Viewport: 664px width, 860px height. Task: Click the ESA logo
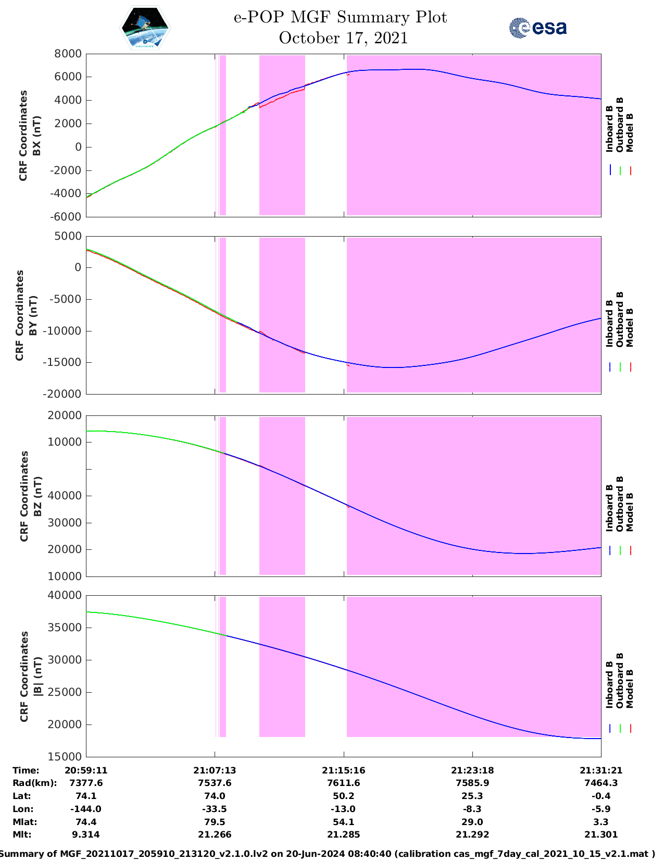pyautogui.click(x=537, y=28)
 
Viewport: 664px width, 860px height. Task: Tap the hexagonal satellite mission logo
pyautogui.click(x=145, y=28)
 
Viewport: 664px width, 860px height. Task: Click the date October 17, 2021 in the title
pyautogui.click(x=343, y=38)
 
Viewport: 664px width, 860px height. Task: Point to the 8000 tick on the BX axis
pyautogui.click(x=68, y=54)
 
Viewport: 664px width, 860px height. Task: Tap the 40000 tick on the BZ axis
pyautogui.click(x=68, y=496)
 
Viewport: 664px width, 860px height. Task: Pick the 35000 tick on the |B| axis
pyautogui.click(x=68, y=628)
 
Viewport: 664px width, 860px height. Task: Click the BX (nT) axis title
pyautogui.click(x=36, y=136)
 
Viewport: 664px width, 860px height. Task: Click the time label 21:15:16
pyautogui.click(x=343, y=770)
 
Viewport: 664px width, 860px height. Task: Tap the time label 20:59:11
pyautogui.click(x=86, y=770)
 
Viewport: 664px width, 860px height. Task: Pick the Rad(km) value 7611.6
pyautogui.click(x=343, y=783)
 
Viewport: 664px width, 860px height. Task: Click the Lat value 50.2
pyautogui.click(x=343, y=796)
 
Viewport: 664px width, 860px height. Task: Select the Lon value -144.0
pyautogui.click(x=86, y=809)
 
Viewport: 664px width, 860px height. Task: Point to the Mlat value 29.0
pyautogui.click(x=472, y=822)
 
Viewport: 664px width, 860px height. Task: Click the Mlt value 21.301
pyautogui.click(x=601, y=834)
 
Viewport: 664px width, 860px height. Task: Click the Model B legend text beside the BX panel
pyautogui.click(x=630, y=132)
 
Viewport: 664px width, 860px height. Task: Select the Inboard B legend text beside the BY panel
pyautogui.click(x=610, y=324)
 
